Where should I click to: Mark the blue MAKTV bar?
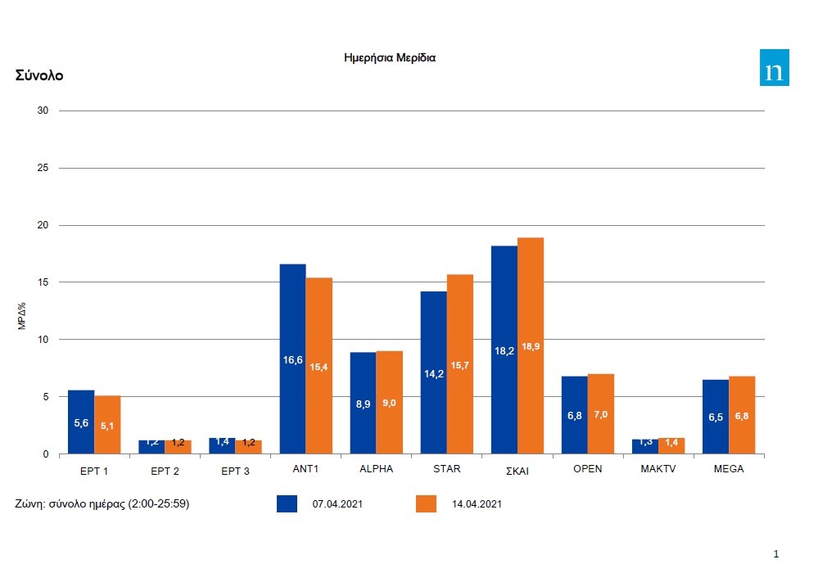click(644, 447)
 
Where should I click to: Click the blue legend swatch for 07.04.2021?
click(287, 503)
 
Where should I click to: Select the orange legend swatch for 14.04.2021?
click(427, 503)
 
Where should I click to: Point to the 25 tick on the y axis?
click(43, 168)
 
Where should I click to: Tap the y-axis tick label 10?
click(43, 340)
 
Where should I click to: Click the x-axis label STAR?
click(447, 469)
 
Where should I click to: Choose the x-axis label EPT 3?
click(235, 471)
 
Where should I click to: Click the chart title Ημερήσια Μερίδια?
click(390, 58)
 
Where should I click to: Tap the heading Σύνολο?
click(39, 75)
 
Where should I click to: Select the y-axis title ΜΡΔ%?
click(23, 315)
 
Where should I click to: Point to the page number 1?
click(776, 554)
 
